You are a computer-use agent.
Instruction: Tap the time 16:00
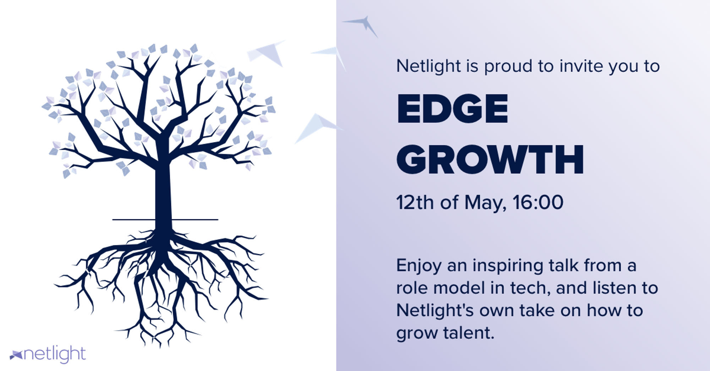(x=538, y=202)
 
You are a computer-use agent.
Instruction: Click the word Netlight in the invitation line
(x=428, y=66)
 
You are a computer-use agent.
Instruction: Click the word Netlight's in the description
(x=435, y=311)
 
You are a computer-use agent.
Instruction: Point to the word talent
(x=469, y=333)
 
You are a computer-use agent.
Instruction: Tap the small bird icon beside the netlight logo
(x=16, y=355)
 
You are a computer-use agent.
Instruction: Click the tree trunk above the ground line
(x=163, y=192)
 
